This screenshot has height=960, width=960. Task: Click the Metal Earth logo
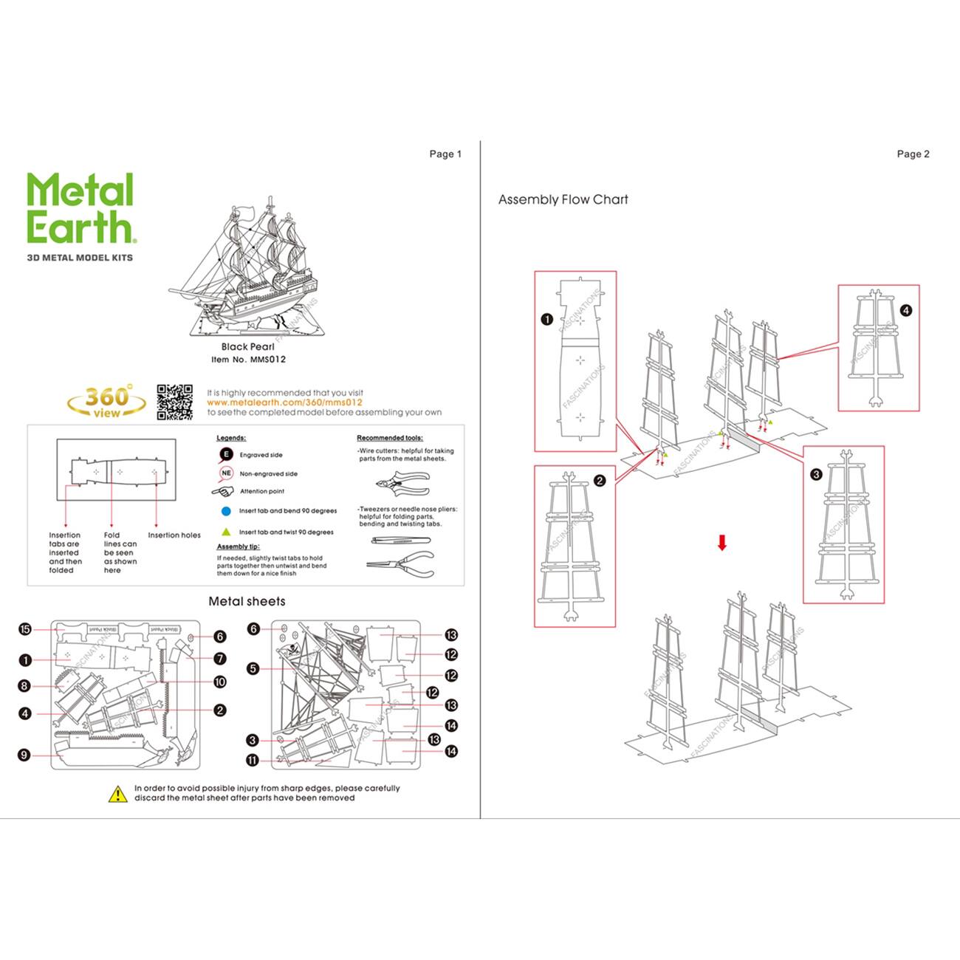(80, 209)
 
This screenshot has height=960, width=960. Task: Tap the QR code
(174, 402)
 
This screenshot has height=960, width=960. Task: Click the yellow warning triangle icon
(118, 794)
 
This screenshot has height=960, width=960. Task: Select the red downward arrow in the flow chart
(722, 543)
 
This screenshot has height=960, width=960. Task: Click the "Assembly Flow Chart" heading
(563, 199)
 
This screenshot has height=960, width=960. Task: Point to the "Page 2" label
(913, 154)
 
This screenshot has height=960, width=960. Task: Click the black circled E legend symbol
(226, 455)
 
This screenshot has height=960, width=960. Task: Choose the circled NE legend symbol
(226, 473)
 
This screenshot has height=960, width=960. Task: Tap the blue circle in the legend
(226, 511)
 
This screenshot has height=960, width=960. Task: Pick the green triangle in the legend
(226, 532)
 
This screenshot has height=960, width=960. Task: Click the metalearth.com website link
(284, 402)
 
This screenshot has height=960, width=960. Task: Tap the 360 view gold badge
(106, 401)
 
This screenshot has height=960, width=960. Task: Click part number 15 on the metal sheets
(25, 629)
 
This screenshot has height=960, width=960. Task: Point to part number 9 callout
(24, 755)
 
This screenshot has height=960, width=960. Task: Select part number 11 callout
(253, 761)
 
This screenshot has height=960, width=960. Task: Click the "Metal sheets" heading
(247, 601)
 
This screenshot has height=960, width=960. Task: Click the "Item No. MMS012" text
(248, 360)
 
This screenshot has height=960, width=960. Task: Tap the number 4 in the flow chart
(906, 311)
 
